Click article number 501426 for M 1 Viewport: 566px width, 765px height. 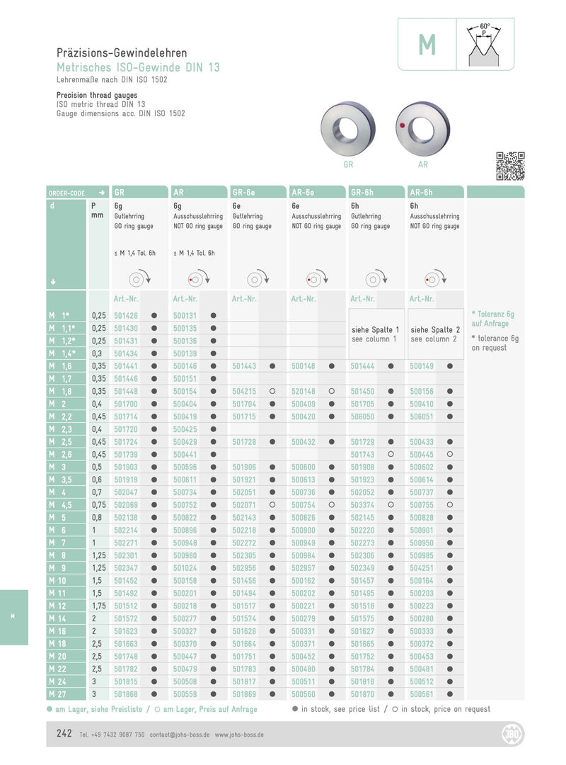click(126, 315)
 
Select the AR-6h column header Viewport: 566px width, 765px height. click(422, 192)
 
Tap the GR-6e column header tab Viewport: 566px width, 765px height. click(244, 192)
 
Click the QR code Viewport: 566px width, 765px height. click(510, 166)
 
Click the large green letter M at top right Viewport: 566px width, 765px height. click(427, 45)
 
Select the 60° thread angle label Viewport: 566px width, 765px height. click(485, 25)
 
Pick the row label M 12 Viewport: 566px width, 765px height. click(58, 606)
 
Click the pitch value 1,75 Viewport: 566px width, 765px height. click(99, 606)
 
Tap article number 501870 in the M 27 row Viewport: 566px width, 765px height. click(362, 694)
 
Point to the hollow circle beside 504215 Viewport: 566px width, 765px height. click(272, 392)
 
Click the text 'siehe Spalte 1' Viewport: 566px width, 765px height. click(376, 329)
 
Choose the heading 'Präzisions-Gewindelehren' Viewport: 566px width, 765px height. click(122, 53)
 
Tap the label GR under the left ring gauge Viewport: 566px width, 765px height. click(348, 164)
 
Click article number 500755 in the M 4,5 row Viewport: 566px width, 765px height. click(422, 504)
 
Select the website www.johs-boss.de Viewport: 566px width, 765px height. click(239, 735)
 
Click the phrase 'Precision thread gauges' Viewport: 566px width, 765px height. click(97, 95)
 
